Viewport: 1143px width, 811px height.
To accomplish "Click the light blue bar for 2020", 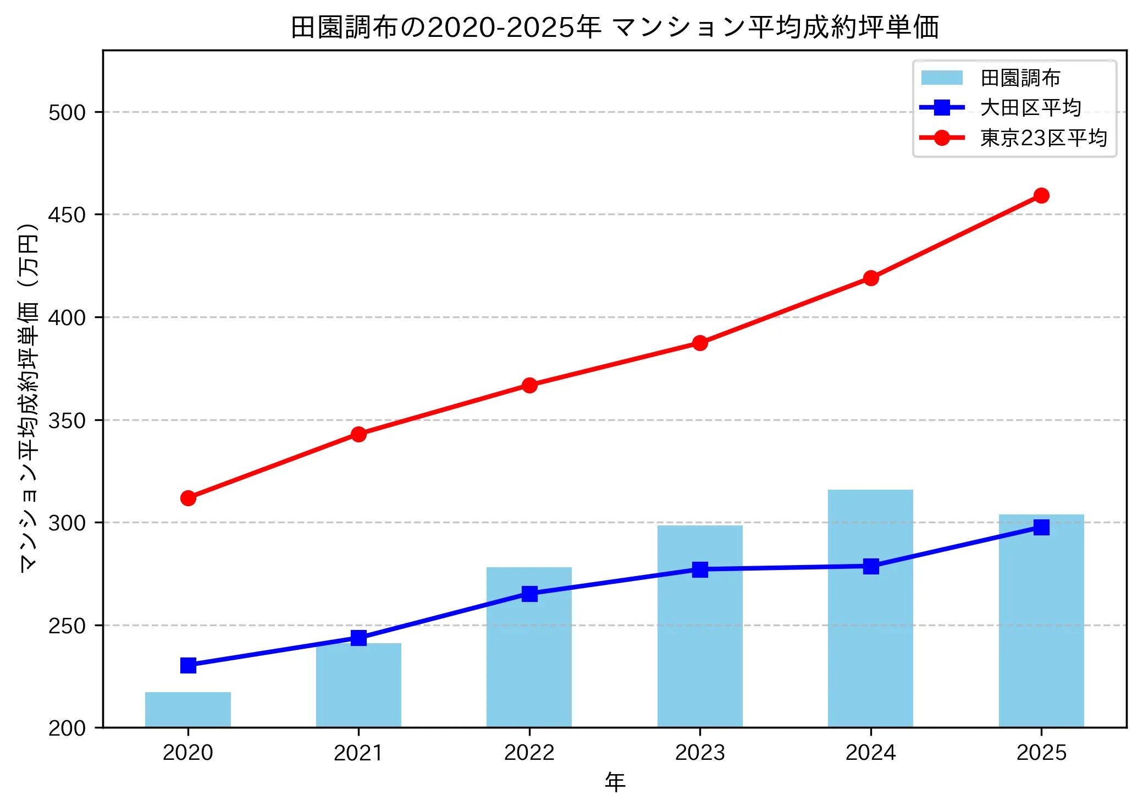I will coord(187,709).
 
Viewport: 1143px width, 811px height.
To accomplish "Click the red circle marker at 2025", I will coord(1041,195).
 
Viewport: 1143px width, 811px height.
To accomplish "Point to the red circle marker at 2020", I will coord(188,498).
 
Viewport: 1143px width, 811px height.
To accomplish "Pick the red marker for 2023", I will coord(700,343).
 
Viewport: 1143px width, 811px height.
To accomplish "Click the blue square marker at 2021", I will coord(358,638).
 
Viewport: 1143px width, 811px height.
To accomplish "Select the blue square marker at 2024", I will coord(871,566).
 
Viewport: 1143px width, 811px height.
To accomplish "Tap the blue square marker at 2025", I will coord(1041,527).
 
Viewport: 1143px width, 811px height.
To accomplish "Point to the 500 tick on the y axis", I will coord(67,112).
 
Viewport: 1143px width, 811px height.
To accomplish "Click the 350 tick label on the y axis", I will coord(67,421).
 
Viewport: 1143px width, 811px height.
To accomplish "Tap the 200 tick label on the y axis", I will coord(67,728).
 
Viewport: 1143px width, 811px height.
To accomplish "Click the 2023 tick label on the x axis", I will coord(700,753).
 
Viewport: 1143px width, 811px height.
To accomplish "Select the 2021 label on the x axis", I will coord(358,753).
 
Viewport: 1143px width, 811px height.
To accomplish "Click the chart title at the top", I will coord(615,28).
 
